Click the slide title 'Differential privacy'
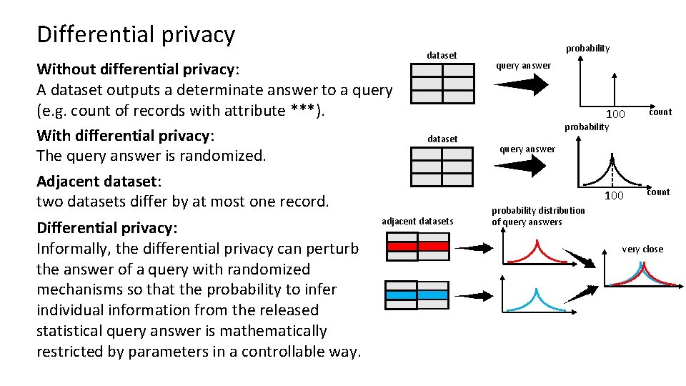pyautogui.click(x=136, y=34)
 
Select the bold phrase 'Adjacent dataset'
pyautogui.click(x=98, y=181)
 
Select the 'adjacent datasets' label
pyautogui.click(x=417, y=221)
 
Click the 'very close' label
pyautogui.click(x=642, y=249)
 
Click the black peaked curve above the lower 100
pyautogui.click(x=612, y=171)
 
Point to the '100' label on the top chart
pyautogui.click(x=615, y=115)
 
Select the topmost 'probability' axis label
pyautogui.click(x=587, y=49)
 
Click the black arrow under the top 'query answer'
pyautogui.click(x=521, y=84)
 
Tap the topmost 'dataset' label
pyautogui.click(x=442, y=55)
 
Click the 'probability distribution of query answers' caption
pyautogui.click(x=537, y=216)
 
